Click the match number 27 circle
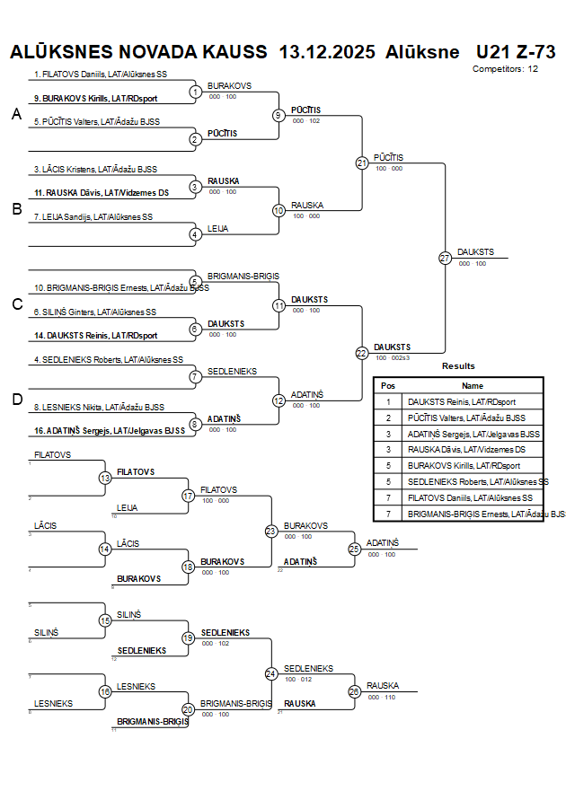point(445,258)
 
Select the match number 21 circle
point(362,163)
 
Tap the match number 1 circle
point(195,92)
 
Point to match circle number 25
point(354,548)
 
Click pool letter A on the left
point(15,114)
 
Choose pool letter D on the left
point(16,400)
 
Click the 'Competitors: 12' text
point(505,68)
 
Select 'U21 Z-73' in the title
point(516,52)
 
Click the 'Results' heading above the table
point(458,366)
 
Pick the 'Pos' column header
point(388,385)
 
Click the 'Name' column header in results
point(473,385)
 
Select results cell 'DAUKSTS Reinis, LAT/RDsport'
point(462,401)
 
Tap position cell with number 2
point(388,418)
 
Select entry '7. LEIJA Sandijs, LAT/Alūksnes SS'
point(93,216)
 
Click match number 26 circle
point(354,691)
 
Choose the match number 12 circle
point(279,400)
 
